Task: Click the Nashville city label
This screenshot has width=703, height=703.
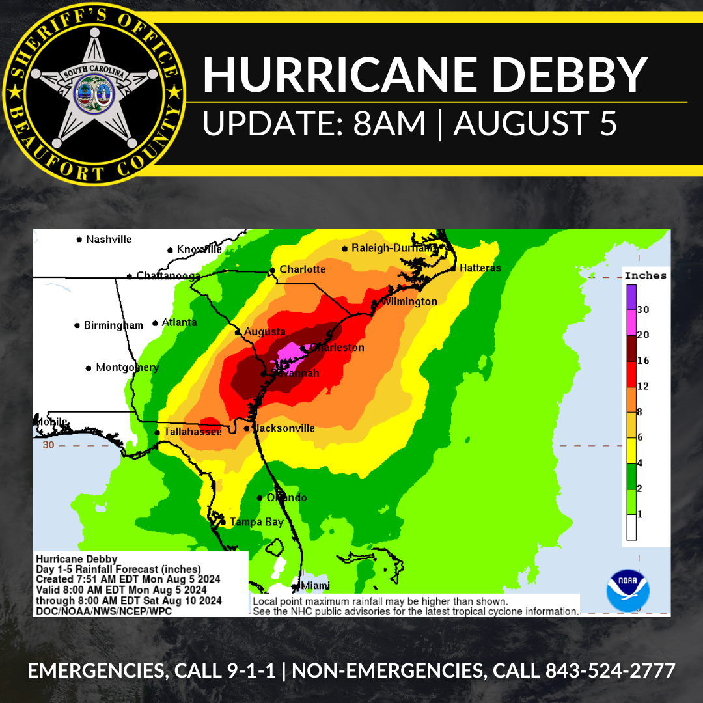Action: (x=109, y=240)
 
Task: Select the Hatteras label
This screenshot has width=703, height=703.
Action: (x=480, y=268)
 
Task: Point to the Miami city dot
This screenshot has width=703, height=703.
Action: (x=294, y=586)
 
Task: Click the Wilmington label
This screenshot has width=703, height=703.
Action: (x=409, y=302)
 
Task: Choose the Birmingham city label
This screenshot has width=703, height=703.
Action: (x=113, y=325)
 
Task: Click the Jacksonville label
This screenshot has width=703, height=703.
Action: (x=284, y=428)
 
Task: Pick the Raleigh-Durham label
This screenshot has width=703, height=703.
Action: (x=394, y=248)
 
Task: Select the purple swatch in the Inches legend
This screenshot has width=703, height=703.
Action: (x=631, y=297)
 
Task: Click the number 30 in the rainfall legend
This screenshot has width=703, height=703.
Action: (x=643, y=310)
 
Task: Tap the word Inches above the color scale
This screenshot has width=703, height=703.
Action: (x=646, y=275)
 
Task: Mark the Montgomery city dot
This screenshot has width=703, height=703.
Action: (x=89, y=368)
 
